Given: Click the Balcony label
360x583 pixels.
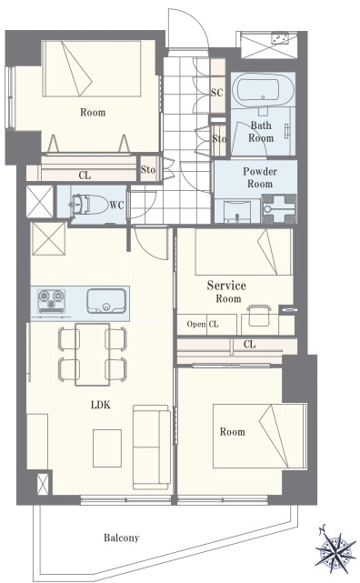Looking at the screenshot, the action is click(x=121, y=538).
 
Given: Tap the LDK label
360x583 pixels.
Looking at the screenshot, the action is click(x=101, y=405).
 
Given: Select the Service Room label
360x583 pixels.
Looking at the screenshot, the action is click(x=226, y=291).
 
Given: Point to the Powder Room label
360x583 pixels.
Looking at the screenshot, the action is click(x=260, y=177).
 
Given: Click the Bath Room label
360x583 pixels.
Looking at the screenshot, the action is click(x=261, y=132).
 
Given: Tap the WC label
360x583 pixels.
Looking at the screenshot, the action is click(x=116, y=206).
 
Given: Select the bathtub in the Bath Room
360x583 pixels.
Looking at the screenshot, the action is click(x=263, y=89).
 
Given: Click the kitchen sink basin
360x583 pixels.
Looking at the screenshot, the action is click(x=105, y=301).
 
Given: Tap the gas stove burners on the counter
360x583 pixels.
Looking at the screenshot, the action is click(x=51, y=300).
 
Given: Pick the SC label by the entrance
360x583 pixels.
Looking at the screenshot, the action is click(x=217, y=92).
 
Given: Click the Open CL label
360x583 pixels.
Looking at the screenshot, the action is click(x=203, y=324).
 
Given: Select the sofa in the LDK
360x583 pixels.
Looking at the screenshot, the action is click(x=152, y=447).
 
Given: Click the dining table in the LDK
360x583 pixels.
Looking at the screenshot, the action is click(x=92, y=355).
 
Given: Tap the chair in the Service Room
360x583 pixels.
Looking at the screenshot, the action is click(x=259, y=316).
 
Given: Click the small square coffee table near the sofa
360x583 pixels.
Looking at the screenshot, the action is click(x=107, y=448).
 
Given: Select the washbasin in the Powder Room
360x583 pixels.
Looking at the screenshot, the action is click(x=237, y=211).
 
